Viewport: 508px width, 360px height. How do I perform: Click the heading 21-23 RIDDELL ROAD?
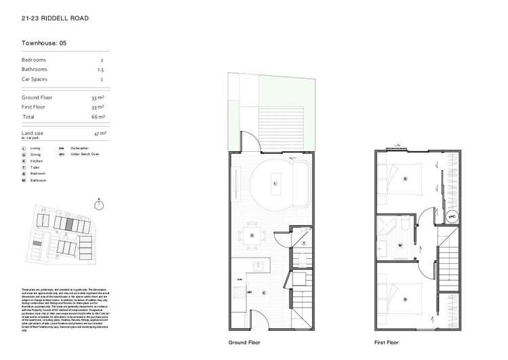pos(54,18)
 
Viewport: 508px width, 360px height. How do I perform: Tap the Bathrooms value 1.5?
pos(100,69)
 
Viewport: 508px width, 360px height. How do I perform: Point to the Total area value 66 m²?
pos(98,117)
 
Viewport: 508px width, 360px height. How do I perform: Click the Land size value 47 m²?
pos(100,134)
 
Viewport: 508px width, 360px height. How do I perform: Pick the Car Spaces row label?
pos(35,79)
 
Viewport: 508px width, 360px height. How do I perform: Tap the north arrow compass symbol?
pos(99,205)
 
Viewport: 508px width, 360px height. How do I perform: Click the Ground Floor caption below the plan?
pos(244,342)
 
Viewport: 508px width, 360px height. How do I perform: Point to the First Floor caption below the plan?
pos(387,342)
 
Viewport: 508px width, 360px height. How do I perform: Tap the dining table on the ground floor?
pos(252,235)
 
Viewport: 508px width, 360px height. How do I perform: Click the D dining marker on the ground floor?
pos(252,235)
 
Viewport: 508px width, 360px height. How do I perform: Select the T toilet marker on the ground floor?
pos(304,242)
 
